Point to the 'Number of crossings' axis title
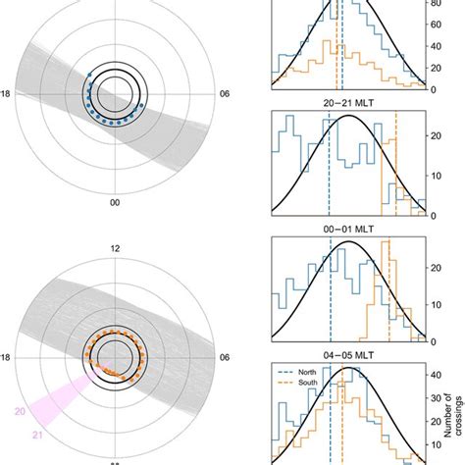tap(453, 407)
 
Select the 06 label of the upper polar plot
tap(226, 94)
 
